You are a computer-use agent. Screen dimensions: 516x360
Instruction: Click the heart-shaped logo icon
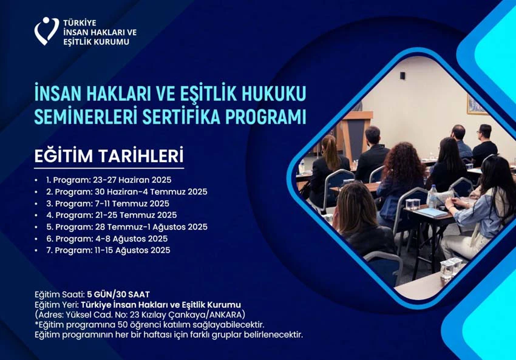pyautogui.click(x=46, y=31)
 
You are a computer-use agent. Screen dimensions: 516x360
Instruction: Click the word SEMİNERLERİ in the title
pyautogui.click(x=86, y=117)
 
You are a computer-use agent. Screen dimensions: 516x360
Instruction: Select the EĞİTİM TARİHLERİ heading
pyautogui.click(x=109, y=156)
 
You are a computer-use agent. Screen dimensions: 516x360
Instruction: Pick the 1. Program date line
pyautogui.click(x=109, y=180)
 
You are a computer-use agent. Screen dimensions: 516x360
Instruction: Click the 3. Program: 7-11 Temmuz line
pyautogui.click(x=107, y=203)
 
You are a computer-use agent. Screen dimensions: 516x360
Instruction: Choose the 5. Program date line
pyautogui.click(x=127, y=226)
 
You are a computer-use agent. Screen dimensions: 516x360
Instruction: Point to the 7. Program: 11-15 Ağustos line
pyautogui.click(x=108, y=250)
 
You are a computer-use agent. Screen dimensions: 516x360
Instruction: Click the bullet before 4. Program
pyautogui.click(x=36, y=215)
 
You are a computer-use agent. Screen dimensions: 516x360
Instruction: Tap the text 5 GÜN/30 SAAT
pyautogui.click(x=118, y=294)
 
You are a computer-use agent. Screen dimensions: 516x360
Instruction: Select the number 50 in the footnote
pyautogui.click(x=123, y=325)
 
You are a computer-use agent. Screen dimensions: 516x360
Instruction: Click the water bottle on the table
pyautogui.click(x=432, y=197)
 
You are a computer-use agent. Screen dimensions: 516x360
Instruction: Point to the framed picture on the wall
pyautogui.click(x=476, y=105)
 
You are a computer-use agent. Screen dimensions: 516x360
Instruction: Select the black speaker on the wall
pyautogui.click(x=402, y=75)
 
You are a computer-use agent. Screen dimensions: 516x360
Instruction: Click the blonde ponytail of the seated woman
pyautogui.click(x=330, y=152)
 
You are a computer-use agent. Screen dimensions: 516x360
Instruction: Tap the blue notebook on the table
pyautogui.click(x=432, y=212)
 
